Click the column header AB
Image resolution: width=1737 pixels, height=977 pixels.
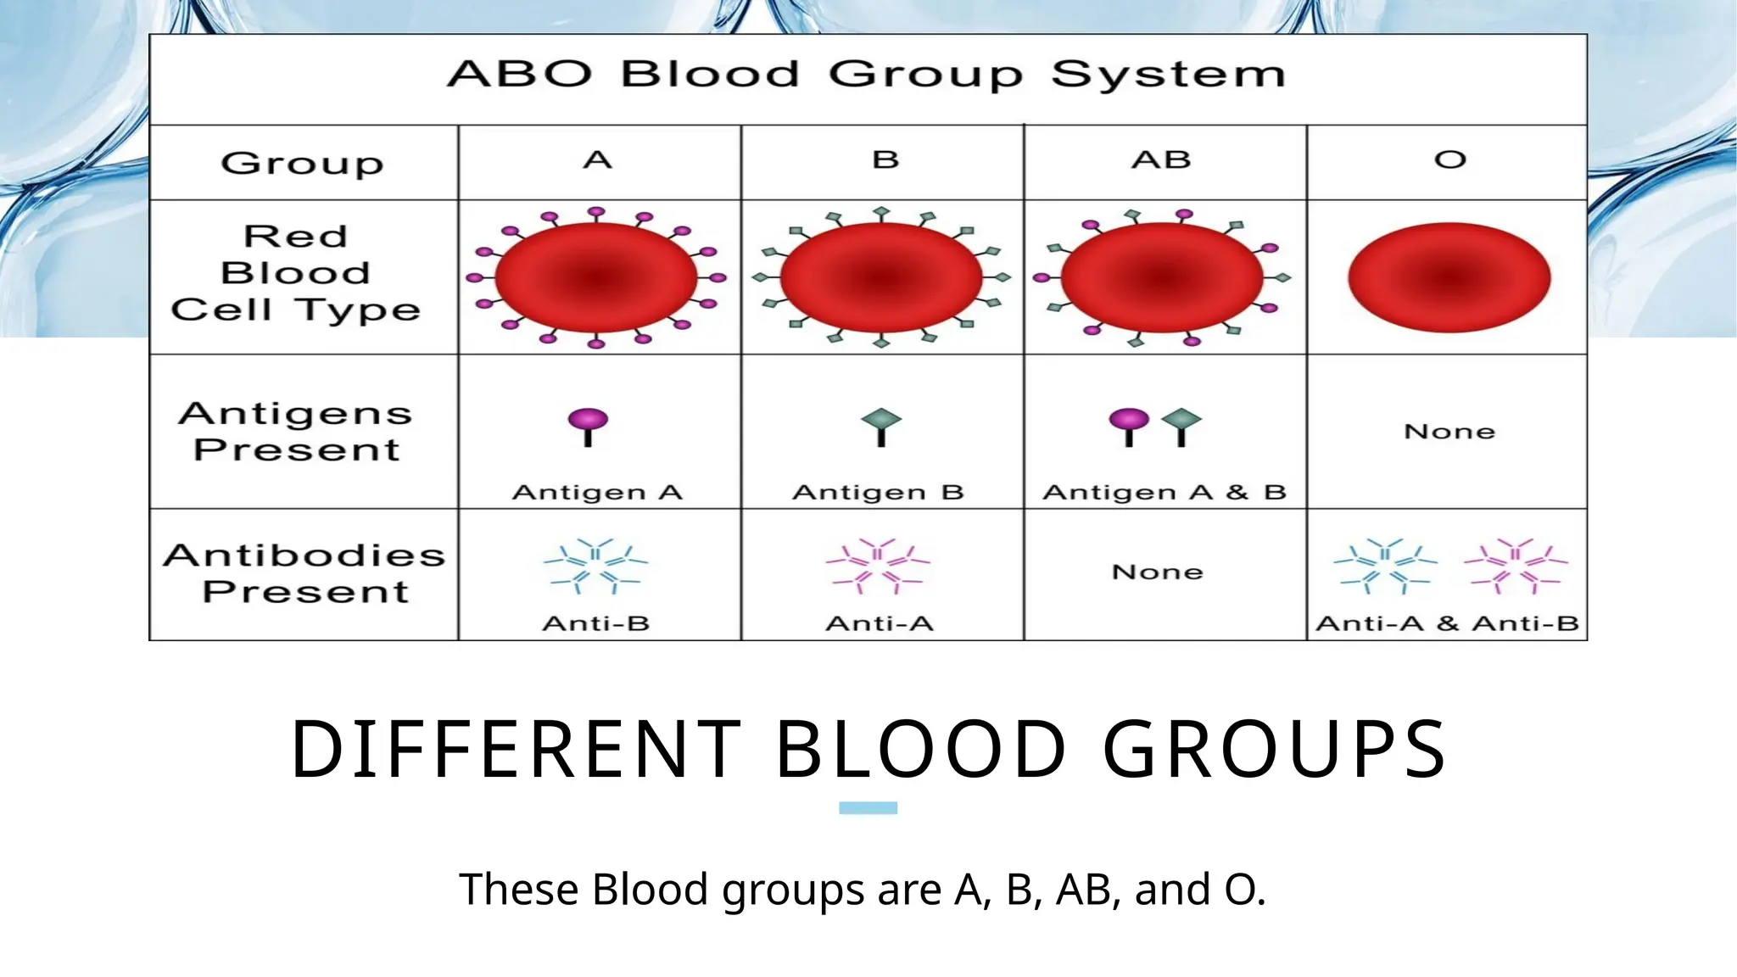tap(1161, 159)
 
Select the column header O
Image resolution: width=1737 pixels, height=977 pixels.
tap(1449, 159)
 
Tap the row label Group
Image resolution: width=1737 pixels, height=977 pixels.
tap(302, 163)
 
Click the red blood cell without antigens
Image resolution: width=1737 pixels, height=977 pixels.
tap(1449, 277)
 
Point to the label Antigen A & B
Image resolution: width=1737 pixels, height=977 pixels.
tap(1164, 493)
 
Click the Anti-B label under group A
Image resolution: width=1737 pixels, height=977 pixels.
tap(596, 624)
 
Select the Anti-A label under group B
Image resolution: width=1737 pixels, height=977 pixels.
tap(880, 624)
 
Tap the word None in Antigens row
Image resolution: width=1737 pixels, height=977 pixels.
tap(1449, 432)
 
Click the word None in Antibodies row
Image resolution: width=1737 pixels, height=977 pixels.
tap(1158, 572)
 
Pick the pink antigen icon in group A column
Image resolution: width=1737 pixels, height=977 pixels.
tap(588, 426)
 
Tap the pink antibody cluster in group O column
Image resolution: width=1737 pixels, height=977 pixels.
tap(1516, 565)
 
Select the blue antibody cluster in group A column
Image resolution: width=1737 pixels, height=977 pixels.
tap(595, 565)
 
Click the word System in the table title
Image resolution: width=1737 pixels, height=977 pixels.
tap(1168, 75)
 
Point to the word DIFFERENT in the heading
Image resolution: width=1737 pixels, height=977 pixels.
tap(516, 749)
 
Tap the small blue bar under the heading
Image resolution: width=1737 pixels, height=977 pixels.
tap(868, 808)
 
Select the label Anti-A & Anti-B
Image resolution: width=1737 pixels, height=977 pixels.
tap(1447, 624)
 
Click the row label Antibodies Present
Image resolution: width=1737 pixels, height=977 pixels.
tap(304, 573)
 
